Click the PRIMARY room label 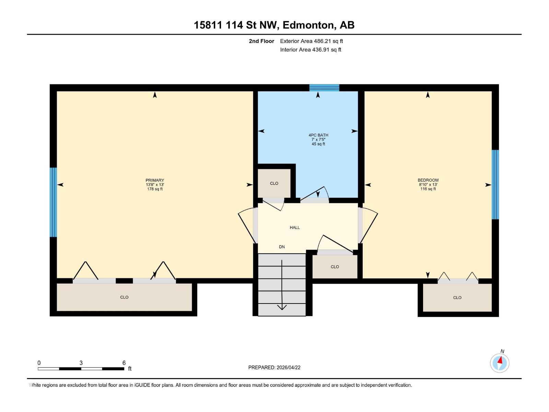click(x=155, y=180)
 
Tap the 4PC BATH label click(x=318, y=135)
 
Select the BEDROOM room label click(x=428, y=180)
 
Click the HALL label click(x=295, y=228)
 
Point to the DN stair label click(x=282, y=247)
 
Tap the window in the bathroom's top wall click(x=324, y=88)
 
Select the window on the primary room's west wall click(x=53, y=202)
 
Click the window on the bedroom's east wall click(x=495, y=184)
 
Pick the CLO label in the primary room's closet click(x=124, y=297)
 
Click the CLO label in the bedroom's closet click(x=457, y=298)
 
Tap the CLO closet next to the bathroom click(x=274, y=183)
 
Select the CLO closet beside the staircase click(x=335, y=267)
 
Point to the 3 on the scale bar click(x=81, y=363)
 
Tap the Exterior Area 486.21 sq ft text click(x=311, y=41)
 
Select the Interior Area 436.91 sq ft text click(x=311, y=50)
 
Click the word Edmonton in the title click(x=308, y=25)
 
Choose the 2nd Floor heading click(x=261, y=41)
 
